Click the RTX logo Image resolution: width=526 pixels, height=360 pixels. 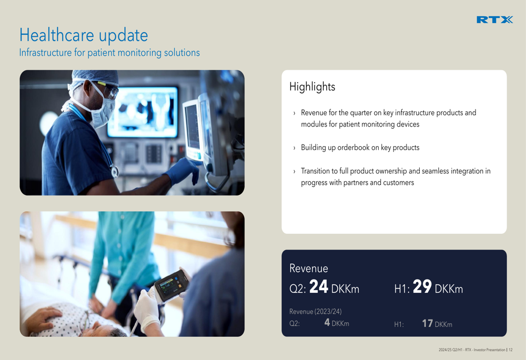click(x=494, y=20)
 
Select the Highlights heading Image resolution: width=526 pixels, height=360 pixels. click(x=312, y=87)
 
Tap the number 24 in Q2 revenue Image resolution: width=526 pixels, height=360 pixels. click(x=318, y=286)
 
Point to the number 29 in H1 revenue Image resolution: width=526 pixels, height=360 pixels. click(x=422, y=286)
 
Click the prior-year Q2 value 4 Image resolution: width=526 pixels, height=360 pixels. click(x=327, y=323)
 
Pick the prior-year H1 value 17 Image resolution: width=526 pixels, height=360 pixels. click(x=427, y=323)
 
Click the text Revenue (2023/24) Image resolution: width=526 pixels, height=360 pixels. click(x=315, y=312)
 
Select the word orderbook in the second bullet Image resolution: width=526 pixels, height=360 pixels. click(x=353, y=148)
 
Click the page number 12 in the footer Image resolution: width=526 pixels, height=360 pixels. click(x=511, y=350)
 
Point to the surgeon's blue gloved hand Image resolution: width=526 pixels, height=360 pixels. click(x=184, y=171)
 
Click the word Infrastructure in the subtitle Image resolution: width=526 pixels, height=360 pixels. click(x=45, y=53)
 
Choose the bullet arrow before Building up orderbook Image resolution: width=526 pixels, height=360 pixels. click(x=294, y=148)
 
